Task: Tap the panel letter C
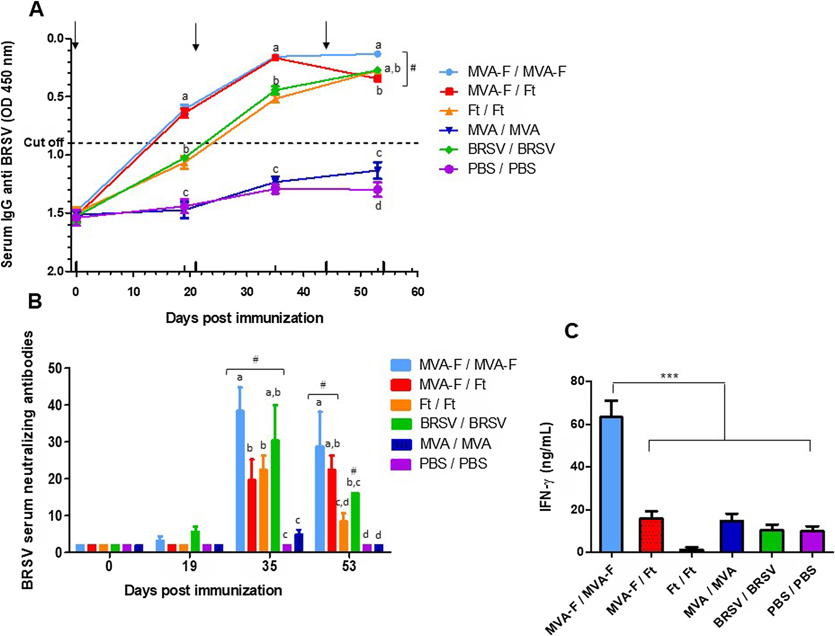571,331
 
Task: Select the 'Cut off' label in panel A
44,142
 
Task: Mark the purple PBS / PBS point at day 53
378,189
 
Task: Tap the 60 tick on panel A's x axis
418,292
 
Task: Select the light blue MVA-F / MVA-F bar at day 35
240,481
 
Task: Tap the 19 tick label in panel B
189,566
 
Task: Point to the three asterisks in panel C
669,376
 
